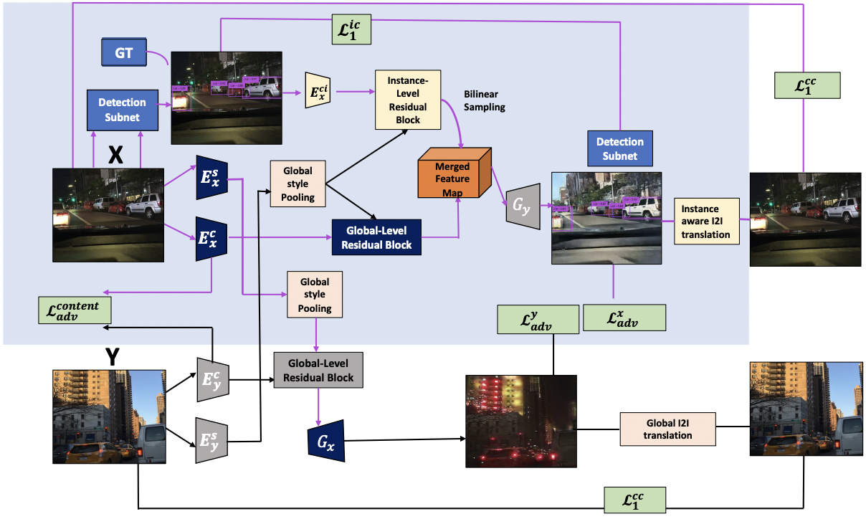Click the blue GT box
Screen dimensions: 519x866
124,54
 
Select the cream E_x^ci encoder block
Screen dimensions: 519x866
316,90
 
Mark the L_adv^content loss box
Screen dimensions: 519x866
75,311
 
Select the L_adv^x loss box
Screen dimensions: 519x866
624,318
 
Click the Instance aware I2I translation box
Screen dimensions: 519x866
706,221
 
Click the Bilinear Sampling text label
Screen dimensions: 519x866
485,100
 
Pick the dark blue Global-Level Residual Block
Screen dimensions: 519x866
376,238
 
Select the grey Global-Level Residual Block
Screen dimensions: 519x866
318,370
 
